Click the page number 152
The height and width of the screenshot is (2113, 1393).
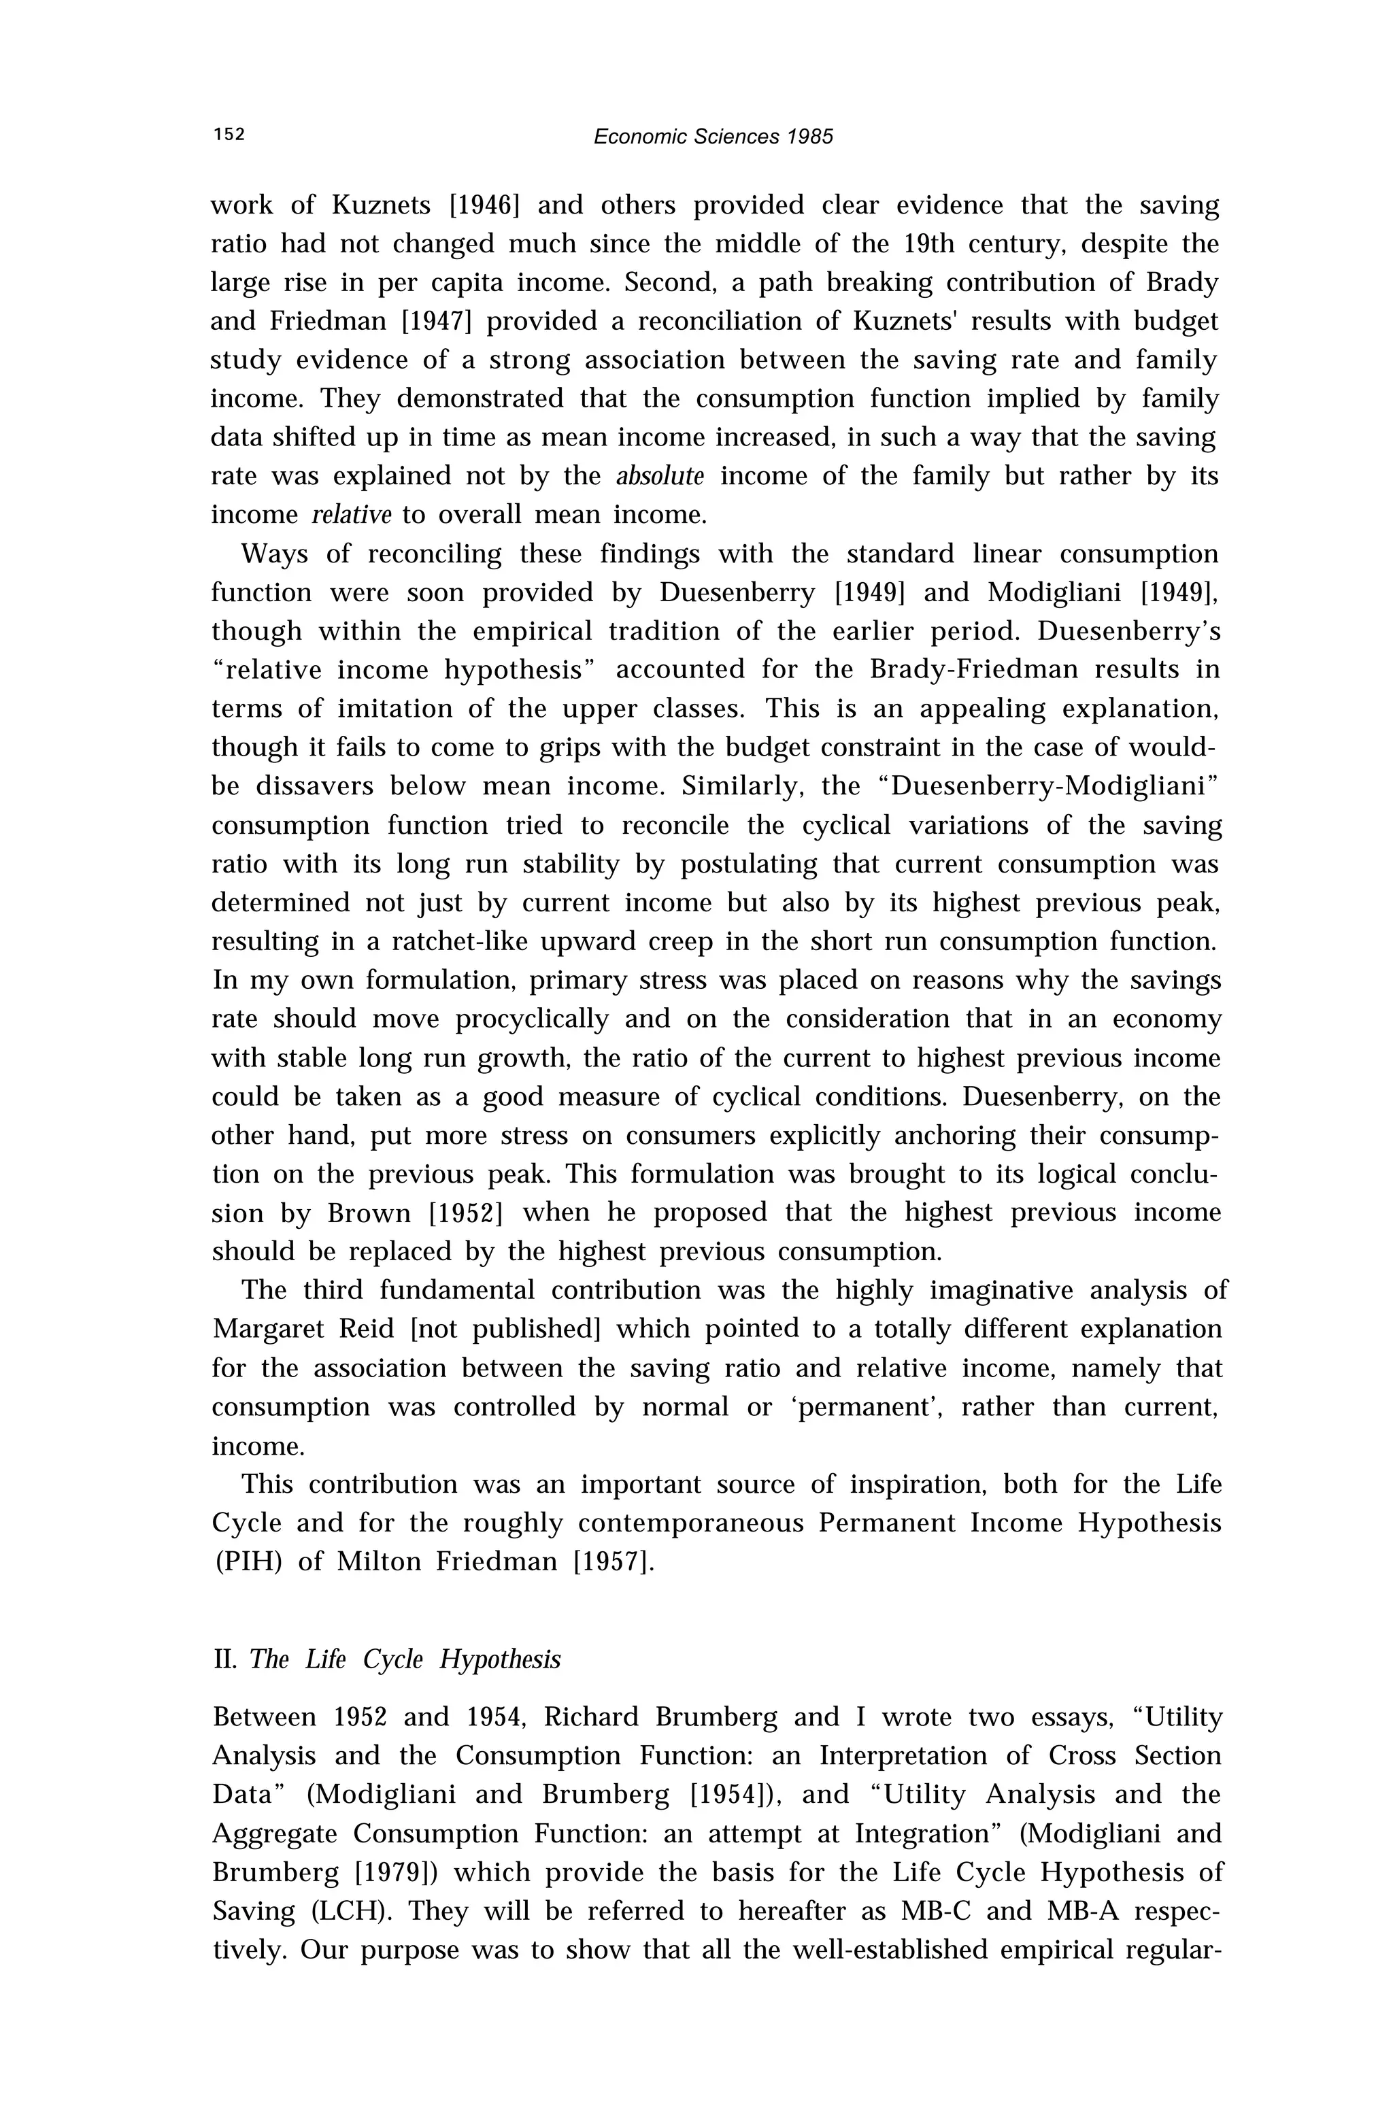pos(229,135)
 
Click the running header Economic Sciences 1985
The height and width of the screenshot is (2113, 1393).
pos(713,137)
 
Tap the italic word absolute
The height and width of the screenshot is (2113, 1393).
pos(660,477)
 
